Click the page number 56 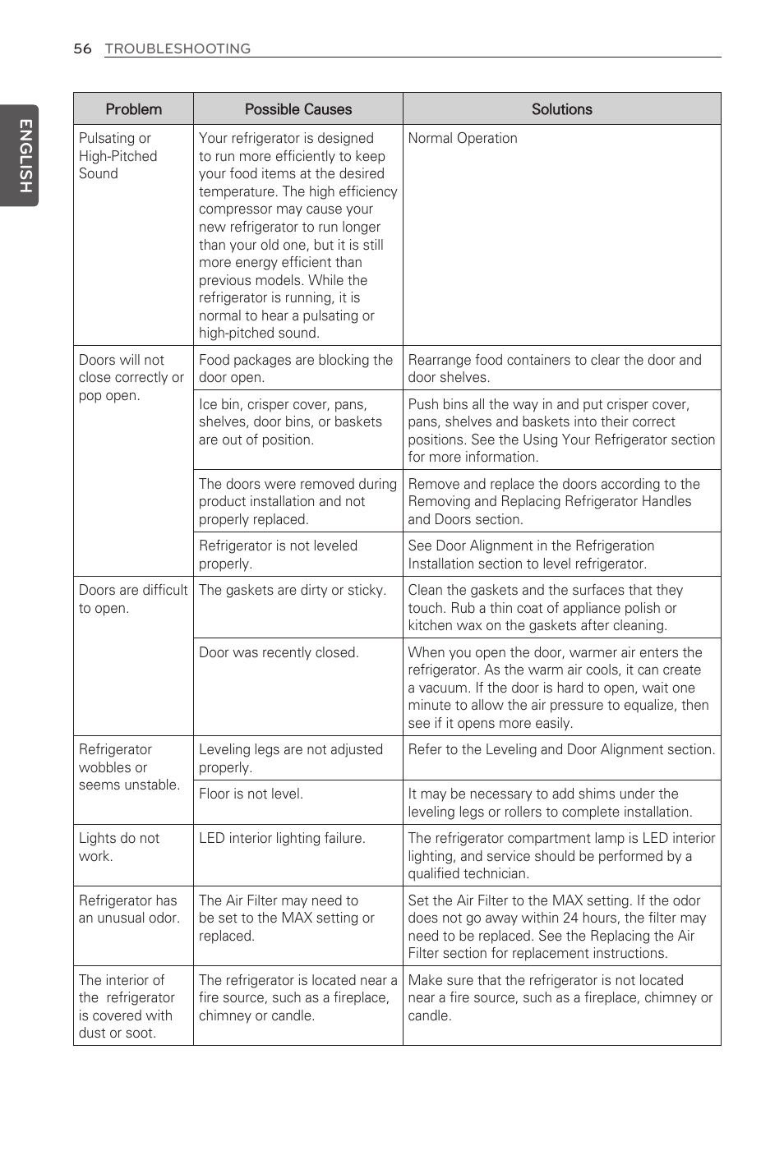[x=82, y=48]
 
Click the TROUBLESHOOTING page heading [x=178, y=48]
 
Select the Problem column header [x=133, y=109]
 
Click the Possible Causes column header [x=297, y=109]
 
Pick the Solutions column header [x=561, y=109]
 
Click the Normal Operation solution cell [x=463, y=138]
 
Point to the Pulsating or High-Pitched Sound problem [x=118, y=156]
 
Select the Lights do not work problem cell [x=119, y=847]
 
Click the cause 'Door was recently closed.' [x=279, y=652]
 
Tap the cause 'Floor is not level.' [x=251, y=794]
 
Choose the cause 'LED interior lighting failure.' [x=282, y=838]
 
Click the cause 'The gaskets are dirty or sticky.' [x=292, y=590]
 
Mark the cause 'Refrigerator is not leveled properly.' [x=278, y=555]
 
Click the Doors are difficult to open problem [x=132, y=599]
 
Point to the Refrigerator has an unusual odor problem [x=128, y=909]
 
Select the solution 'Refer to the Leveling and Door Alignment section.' [x=561, y=749]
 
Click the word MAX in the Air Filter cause [x=296, y=918]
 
